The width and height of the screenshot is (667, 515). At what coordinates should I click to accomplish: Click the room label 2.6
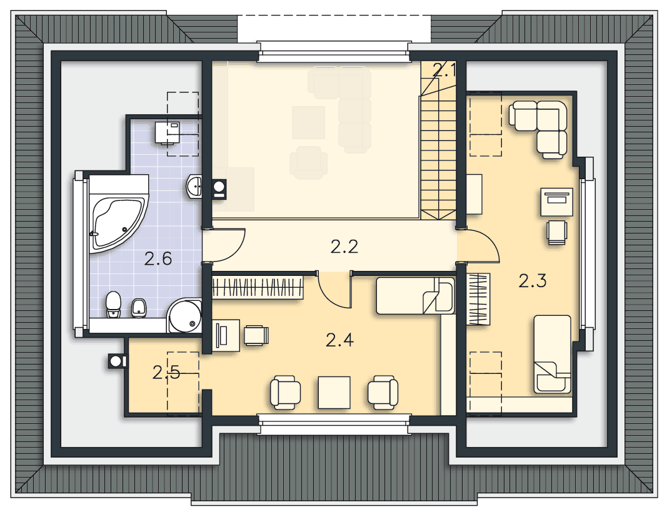point(158,258)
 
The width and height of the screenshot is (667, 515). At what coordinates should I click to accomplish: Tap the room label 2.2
point(344,247)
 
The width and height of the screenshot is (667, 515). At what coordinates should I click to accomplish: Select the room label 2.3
point(532,281)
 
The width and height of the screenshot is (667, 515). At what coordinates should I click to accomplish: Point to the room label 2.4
point(339,340)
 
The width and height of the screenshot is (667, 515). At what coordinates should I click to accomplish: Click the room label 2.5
point(166,373)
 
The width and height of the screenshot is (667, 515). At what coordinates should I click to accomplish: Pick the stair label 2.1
point(444,70)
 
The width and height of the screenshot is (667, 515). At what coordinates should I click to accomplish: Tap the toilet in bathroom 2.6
point(113,304)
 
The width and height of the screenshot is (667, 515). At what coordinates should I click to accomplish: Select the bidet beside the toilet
point(139,307)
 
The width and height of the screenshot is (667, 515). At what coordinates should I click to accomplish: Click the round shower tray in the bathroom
point(184,316)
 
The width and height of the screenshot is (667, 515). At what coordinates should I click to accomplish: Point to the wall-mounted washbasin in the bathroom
point(194,187)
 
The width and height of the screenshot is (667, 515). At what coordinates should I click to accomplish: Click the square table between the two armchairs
point(334,392)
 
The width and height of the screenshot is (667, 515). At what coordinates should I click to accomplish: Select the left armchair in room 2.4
point(286,392)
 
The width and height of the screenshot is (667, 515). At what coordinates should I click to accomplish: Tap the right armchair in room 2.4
point(383,392)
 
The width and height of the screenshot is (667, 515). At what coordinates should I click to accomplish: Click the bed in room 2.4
point(416,296)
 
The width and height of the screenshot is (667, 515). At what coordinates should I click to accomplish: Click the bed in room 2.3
point(552,354)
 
